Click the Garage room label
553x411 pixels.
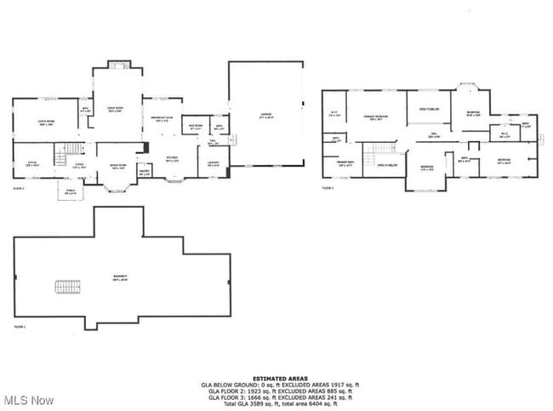pos(265,116)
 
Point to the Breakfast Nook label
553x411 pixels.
pos(162,119)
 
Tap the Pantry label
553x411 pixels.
pos(145,171)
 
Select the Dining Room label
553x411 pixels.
pos(118,166)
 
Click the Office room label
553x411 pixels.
pos(31,163)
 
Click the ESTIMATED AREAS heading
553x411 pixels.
pos(276,377)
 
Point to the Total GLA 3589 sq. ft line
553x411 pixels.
pos(276,402)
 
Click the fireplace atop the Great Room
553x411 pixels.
pos(117,66)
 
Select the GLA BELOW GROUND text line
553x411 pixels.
pos(276,384)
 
